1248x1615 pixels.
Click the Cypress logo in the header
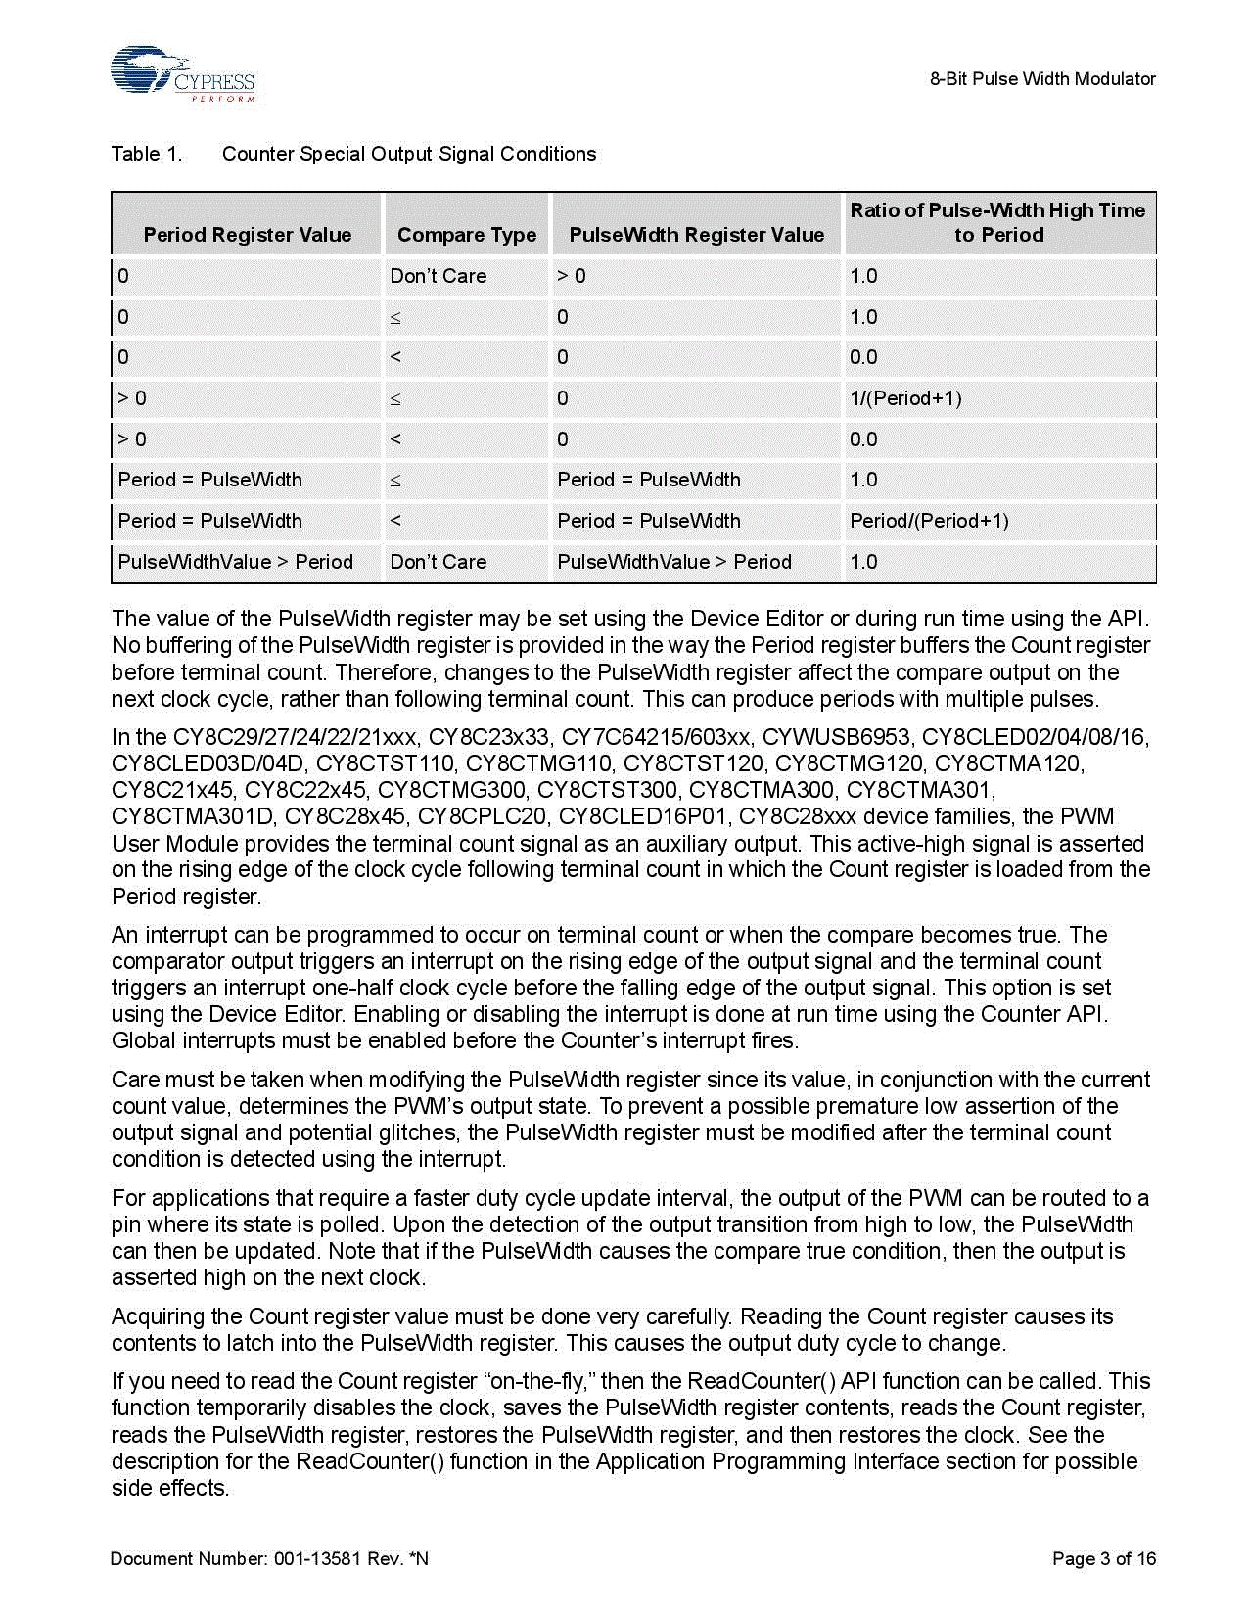(x=182, y=74)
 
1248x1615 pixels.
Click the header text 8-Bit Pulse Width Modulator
(x=1042, y=79)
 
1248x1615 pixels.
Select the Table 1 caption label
(x=147, y=154)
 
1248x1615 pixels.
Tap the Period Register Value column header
(x=247, y=235)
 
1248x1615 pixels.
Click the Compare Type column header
(x=467, y=235)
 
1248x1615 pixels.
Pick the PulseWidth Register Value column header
(x=696, y=235)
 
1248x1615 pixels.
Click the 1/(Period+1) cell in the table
(x=905, y=398)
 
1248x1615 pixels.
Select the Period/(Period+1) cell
(x=929, y=521)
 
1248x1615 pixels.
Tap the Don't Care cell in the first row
(x=438, y=276)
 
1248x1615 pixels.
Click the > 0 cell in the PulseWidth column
(x=572, y=276)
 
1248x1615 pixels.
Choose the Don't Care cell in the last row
(x=438, y=562)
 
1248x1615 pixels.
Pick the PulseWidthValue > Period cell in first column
(x=235, y=562)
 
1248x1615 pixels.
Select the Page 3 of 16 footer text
(x=1104, y=1558)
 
